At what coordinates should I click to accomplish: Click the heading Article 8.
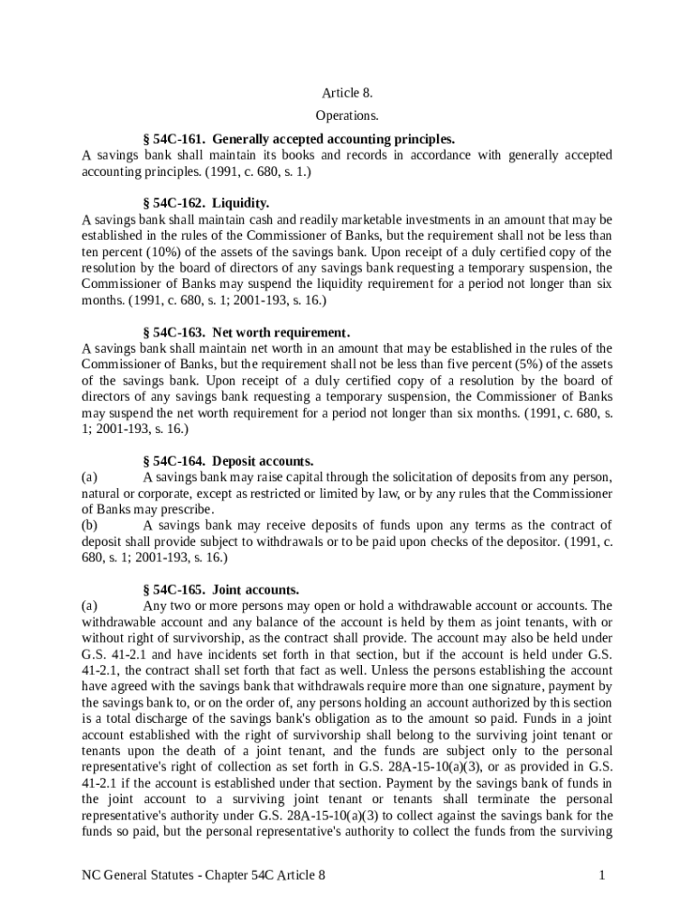[x=347, y=93]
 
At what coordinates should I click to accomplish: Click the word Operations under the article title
[x=347, y=115]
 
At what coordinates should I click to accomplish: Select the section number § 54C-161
[x=174, y=139]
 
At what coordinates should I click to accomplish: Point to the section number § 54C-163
[x=174, y=333]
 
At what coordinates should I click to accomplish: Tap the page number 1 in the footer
[x=600, y=874]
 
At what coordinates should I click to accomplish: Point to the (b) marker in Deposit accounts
[x=89, y=525]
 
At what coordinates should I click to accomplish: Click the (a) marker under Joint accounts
[x=89, y=605]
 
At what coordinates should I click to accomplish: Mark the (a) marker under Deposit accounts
[x=89, y=476]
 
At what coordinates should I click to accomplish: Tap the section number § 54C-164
[x=174, y=460]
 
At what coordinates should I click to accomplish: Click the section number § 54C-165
[x=174, y=589]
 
